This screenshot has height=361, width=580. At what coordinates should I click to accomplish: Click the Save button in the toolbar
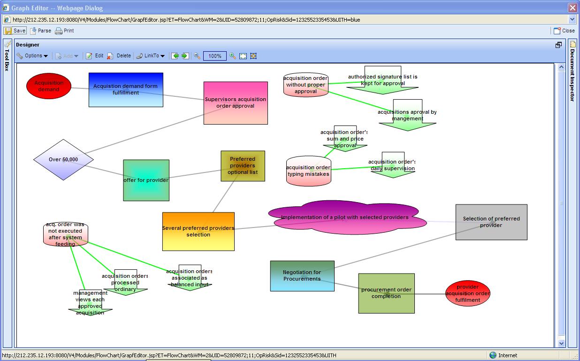[x=15, y=31]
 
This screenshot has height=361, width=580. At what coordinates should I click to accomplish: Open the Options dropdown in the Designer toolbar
[x=32, y=56]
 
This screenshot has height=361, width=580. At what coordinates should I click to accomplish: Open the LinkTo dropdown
[x=151, y=56]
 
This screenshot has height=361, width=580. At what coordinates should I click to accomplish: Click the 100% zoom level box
[x=215, y=56]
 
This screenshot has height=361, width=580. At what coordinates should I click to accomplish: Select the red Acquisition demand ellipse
[x=49, y=86]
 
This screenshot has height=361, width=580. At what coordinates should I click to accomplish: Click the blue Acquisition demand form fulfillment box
[x=126, y=90]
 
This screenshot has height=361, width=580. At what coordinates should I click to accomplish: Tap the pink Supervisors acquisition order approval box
[x=236, y=103]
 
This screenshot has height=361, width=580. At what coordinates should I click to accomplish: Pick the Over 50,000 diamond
[x=63, y=159]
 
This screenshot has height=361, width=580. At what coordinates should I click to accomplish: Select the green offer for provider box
[x=146, y=180]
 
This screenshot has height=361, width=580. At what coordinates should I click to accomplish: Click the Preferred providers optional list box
[x=243, y=166]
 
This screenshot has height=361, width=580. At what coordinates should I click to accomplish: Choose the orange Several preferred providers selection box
[x=198, y=231]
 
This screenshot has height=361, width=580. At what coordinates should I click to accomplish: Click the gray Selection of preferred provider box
[x=491, y=222]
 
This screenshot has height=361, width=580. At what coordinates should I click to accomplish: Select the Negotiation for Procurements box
[x=302, y=275]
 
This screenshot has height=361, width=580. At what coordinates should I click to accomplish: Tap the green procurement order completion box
[x=386, y=293]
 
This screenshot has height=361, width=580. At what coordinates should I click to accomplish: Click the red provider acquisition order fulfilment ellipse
[x=467, y=293]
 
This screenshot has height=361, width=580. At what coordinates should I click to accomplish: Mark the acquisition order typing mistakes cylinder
[x=308, y=172]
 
